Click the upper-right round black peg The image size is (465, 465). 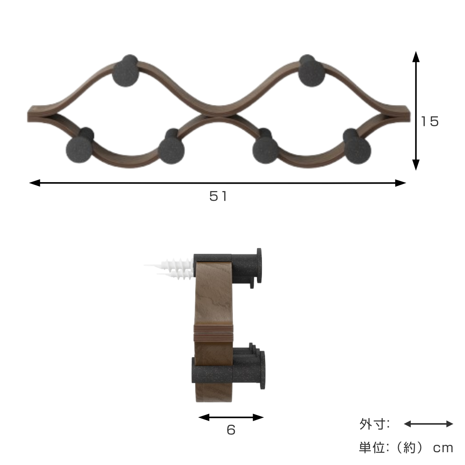(x=311, y=73)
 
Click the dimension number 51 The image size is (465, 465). (x=218, y=196)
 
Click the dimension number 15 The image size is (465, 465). (x=430, y=122)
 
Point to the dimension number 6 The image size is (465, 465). (x=231, y=430)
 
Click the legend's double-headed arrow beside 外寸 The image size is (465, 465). (x=428, y=424)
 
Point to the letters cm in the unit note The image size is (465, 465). (x=443, y=448)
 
